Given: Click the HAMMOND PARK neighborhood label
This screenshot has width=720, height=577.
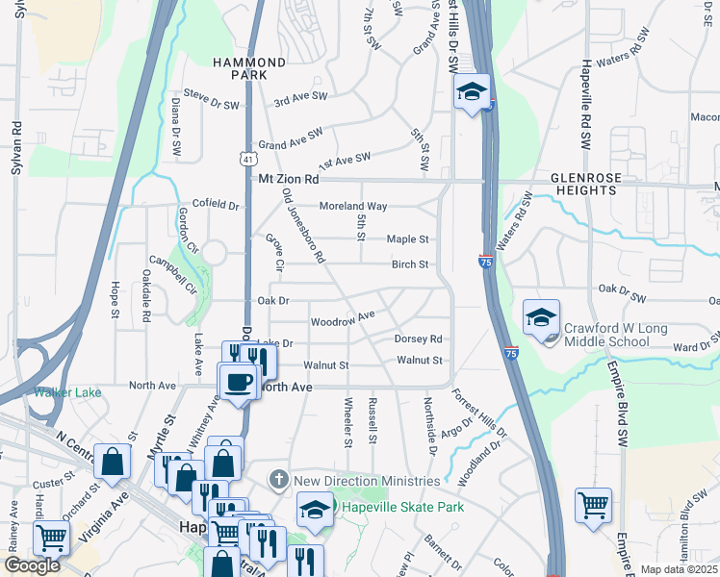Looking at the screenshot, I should pyautogui.click(x=250, y=68).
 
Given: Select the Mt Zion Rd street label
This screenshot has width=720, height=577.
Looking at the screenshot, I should pyautogui.click(x=288, y=179).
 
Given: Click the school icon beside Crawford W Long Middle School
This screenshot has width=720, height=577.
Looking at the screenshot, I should pyautogui.click(x=542, y=316).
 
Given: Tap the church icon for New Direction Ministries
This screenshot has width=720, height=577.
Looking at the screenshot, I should pyautogui.click(x=279, y=479).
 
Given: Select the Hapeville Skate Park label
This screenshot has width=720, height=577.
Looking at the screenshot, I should pyautogui.click(x=401, y=507).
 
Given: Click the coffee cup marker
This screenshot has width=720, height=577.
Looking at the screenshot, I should pyautogui.click(x=238, y=380).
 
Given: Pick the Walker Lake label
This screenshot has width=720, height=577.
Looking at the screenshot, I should pyautogui.click(x=67, y=391).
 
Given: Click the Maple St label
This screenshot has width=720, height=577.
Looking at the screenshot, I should pyautogui.click(x=407, y=239).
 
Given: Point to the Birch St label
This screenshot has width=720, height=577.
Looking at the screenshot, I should pyautogui.click(x=408, y=265).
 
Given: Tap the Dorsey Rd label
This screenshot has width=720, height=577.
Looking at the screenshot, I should pyautogui.click(x=418, y=339).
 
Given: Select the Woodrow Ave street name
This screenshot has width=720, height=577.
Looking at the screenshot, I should pyautogui.click(x=342, y=317).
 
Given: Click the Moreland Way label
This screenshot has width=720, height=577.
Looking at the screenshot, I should pyautogui.click(x=353, y=206).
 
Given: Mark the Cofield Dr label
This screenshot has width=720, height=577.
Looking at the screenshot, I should pyautogui.click(x=215, y=205).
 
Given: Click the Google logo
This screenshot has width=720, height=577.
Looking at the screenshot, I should pyautogui.click(x=33, y=565).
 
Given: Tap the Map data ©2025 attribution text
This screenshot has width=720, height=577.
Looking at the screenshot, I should pyautogui.click(x=678, y=569).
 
